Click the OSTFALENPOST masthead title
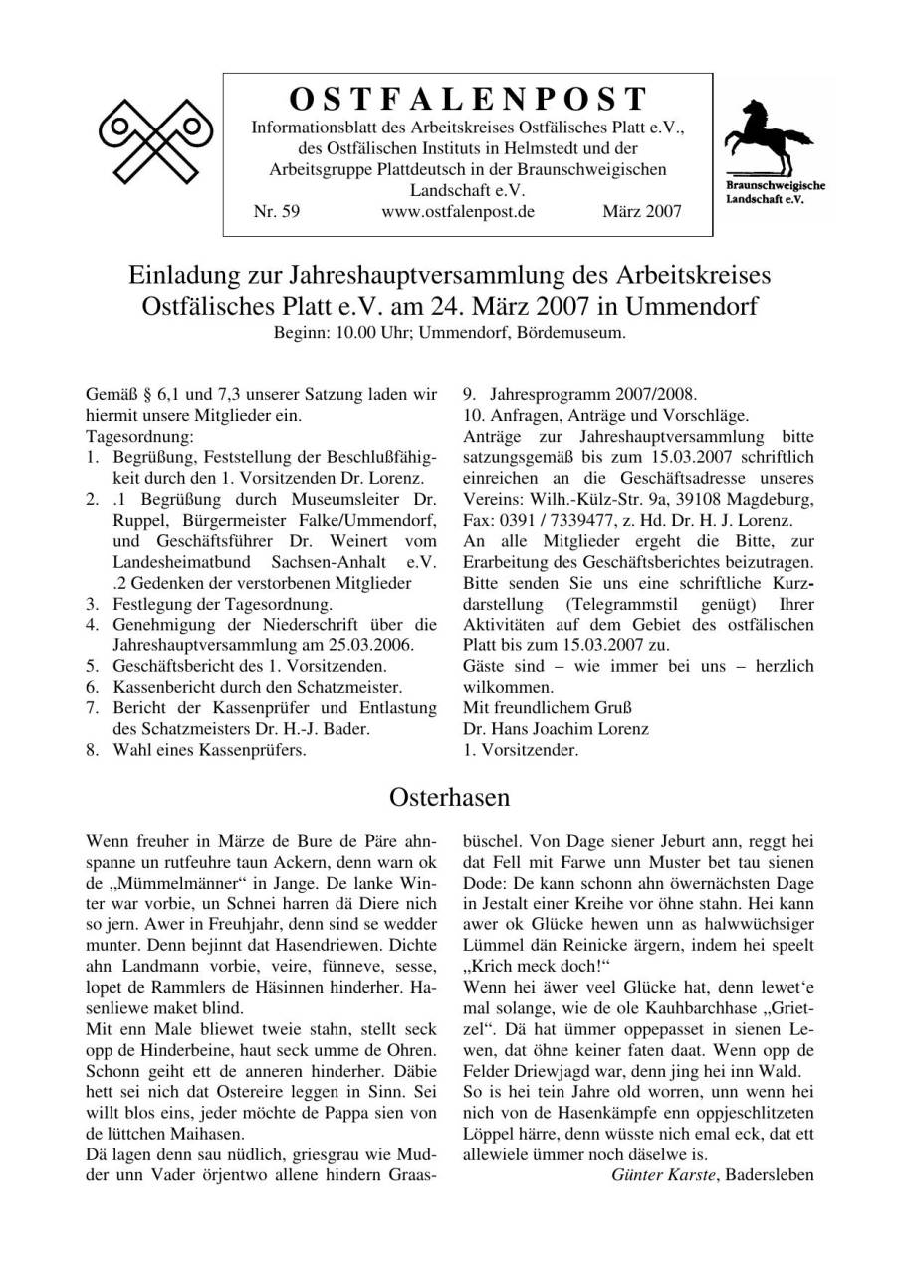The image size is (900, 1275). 468,100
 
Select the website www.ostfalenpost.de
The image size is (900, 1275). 458,212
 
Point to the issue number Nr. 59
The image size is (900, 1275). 277,212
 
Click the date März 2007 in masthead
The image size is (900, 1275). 642,212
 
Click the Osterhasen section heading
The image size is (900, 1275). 450,797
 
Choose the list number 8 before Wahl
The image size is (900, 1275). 92,750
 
